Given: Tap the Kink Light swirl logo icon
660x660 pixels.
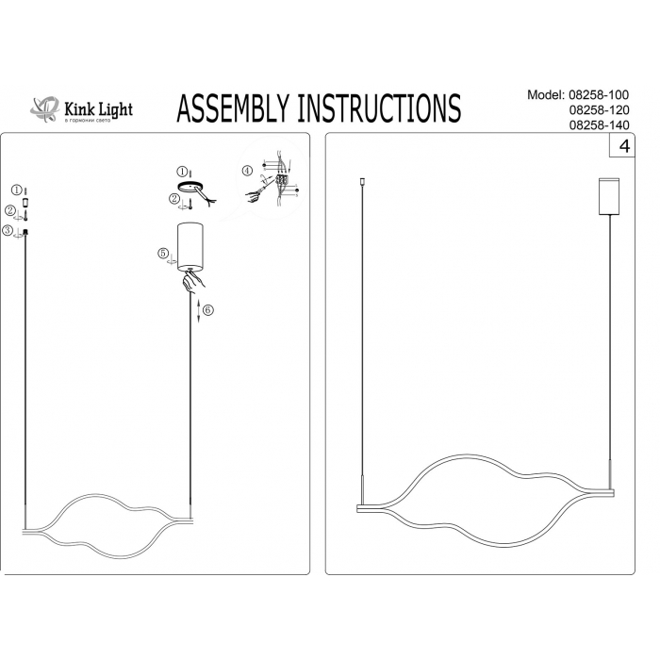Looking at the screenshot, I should (43, 109).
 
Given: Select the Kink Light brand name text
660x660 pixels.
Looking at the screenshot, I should (97, 108).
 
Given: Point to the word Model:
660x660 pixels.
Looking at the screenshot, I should (547, 96).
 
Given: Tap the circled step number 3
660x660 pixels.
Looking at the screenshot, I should (7, 231).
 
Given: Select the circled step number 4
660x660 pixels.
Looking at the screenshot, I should (247, 171).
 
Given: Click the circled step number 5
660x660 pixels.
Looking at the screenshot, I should (163, 253).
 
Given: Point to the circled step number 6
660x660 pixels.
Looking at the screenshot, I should (209, 310).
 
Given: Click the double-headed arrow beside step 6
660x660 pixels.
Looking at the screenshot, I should (198, 311).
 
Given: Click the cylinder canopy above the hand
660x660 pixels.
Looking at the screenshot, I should (191, 245).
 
